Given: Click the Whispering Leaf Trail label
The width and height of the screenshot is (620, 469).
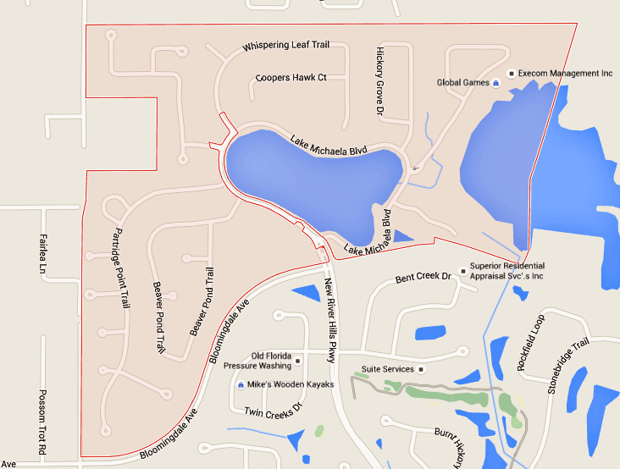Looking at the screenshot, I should click(285, 45).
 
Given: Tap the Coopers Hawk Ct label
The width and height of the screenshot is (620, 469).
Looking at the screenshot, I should click(291, 77).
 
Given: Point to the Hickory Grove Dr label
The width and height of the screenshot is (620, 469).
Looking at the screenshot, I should click(380, 81).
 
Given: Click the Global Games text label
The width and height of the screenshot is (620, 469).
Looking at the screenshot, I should click(462, 83).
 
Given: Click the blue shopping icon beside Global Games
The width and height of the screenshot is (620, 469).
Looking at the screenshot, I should click(495, 83).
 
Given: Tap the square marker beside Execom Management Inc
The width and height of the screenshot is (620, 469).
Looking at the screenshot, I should click(511, 74).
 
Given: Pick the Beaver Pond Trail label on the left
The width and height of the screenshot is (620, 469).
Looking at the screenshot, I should click(158, 317).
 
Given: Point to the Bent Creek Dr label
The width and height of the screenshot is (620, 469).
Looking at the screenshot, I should click(419, 279).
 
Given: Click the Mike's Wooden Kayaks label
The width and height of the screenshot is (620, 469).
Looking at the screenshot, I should click(291, 385).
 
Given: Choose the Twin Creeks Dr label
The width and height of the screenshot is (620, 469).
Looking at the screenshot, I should click(273, 411).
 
